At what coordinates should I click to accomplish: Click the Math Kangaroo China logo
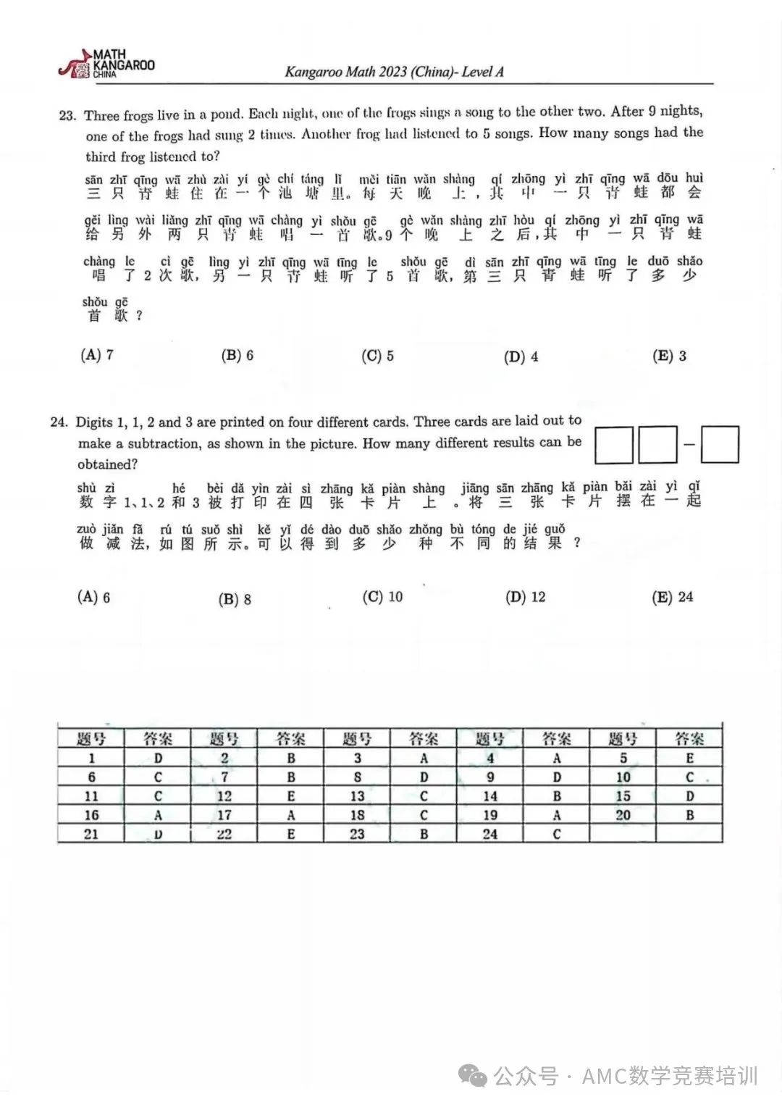click(x=106, y=64)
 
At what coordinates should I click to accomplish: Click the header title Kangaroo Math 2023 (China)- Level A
click(x=394, y=72)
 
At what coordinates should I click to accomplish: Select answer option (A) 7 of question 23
click(x=97, y=355)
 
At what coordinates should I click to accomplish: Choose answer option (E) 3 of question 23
click(x=669, y=356)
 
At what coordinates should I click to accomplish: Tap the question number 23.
click(x=67, y=116)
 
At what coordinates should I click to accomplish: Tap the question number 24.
click(x=59, y=422)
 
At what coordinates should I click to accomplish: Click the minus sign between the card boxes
click(x=689, y=444)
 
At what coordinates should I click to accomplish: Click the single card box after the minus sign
click(x=720, y=445)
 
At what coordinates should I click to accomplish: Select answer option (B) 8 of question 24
click(x=235, y=599)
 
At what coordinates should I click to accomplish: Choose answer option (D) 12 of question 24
click(x=526, y=597)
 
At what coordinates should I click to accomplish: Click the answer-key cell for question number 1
click(x=92, y=759)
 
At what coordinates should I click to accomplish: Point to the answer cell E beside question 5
click(x=689, y=759)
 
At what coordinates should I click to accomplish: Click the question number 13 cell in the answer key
click(x=357, y=796)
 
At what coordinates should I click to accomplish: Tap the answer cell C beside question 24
click(x=556, y=834)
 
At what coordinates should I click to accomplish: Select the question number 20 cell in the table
click(x=623, y=815)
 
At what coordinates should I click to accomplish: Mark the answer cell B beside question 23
click(x=424, y=834)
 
